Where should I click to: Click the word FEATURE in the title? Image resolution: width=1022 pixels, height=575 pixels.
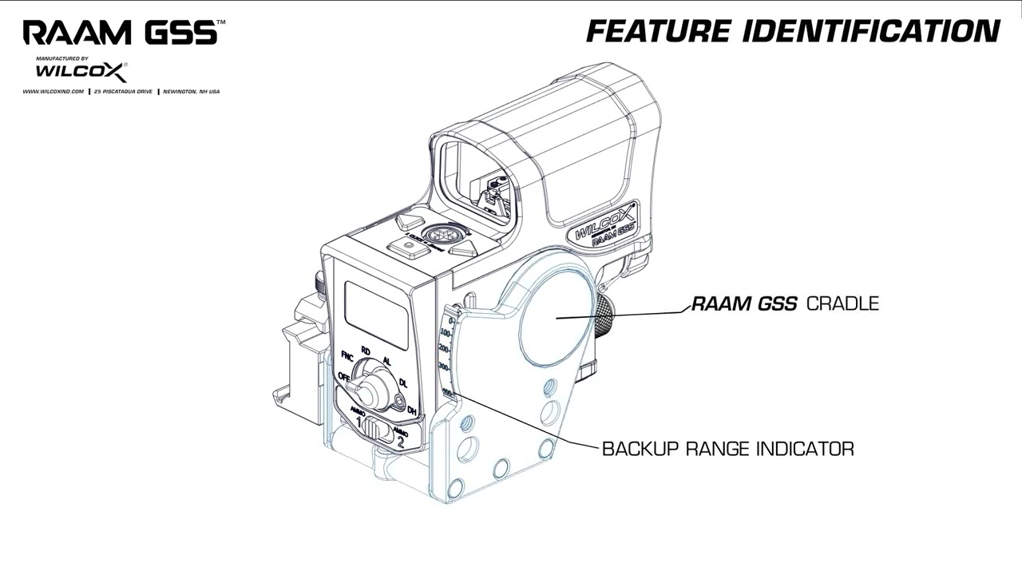pos(658,31)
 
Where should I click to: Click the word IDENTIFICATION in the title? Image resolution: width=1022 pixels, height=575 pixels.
pos(871,31)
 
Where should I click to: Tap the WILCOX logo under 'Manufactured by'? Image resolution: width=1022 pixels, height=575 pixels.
pos(81,73)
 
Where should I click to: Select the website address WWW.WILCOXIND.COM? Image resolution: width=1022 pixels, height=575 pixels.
pos(53,92)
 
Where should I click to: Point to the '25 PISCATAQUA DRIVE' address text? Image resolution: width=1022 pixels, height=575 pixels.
pos(123,92)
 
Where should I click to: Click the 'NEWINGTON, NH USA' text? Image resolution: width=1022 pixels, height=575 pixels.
pos(191,92)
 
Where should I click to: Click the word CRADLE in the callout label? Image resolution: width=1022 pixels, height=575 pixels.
pos(842,303)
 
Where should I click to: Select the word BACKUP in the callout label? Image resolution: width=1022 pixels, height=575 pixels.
pos(637,449)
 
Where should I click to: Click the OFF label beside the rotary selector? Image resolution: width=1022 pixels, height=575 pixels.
pos(343,376)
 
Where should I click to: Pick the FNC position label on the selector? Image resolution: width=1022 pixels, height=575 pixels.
pos(347,355)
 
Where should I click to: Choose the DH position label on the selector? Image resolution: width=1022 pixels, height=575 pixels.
pos(412,410)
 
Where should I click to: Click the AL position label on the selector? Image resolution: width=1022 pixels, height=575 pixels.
pos(387,361)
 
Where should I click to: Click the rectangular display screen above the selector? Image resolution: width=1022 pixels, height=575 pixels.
pos(376,315)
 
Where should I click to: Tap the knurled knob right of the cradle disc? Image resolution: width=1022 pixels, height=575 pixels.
pos(608,315)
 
